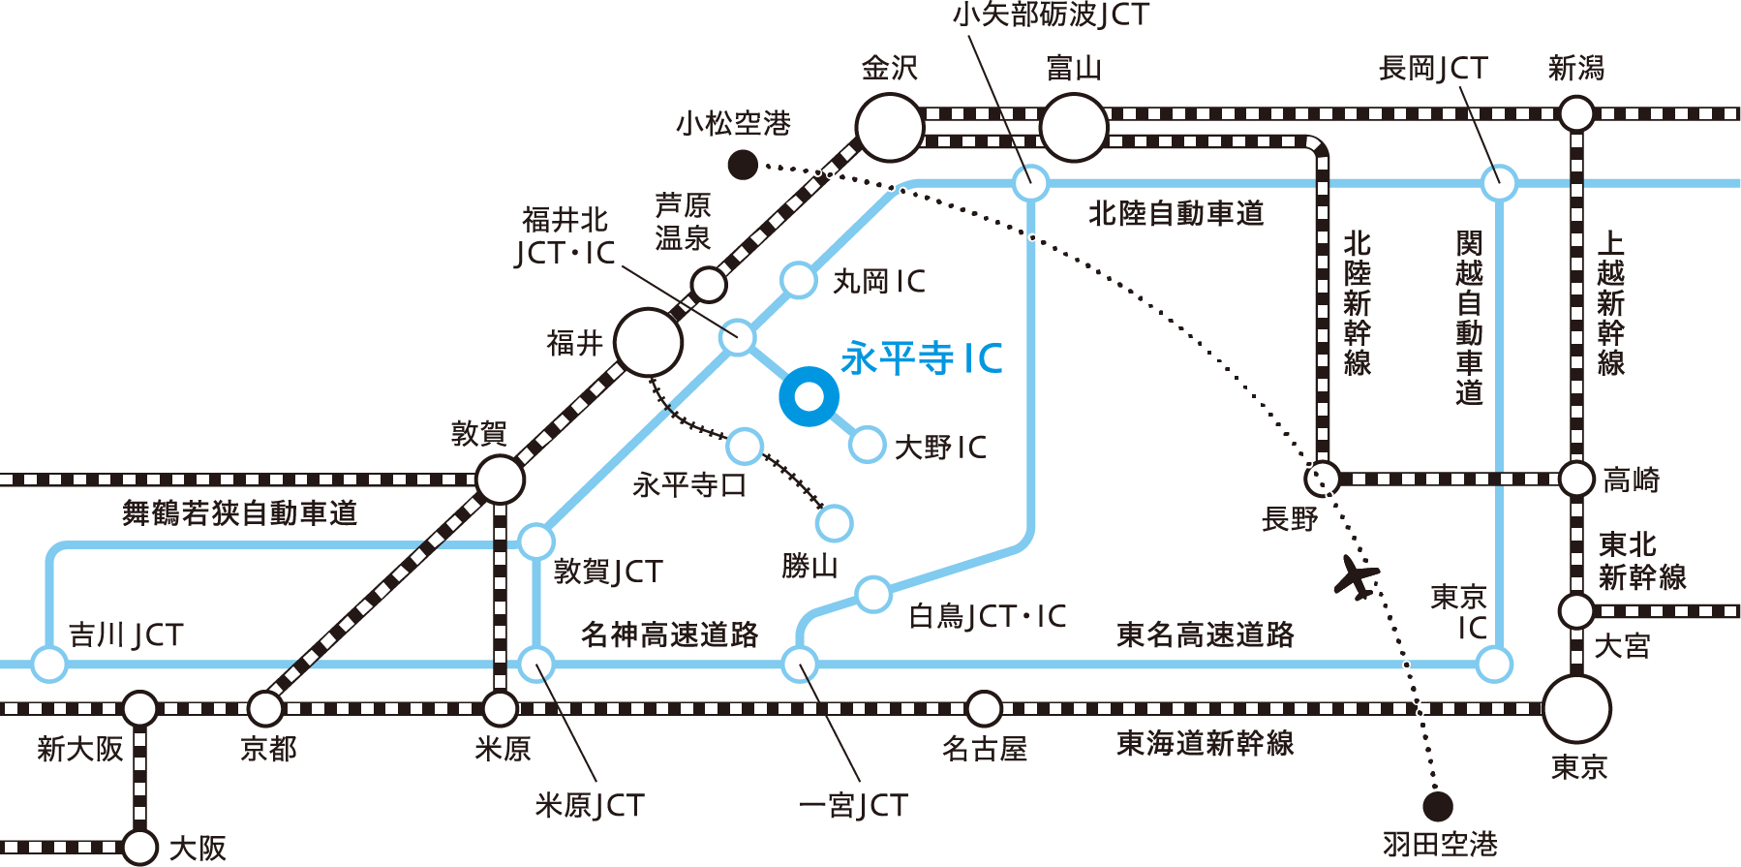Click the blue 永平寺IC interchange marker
click(x=809, y=396)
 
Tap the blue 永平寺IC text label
click(x=921, y=358)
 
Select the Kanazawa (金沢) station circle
click(x=890, y=127)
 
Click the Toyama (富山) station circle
click(x=1074, y=127)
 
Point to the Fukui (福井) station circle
click(x=648, y=342)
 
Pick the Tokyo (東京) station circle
click(x=1576, y=709)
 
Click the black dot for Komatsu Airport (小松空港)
click(x=743, y=165)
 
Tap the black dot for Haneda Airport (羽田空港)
click(x=1437, y=806)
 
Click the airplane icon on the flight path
click(x=1356, y=578)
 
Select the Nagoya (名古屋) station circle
click(x=984, y=709)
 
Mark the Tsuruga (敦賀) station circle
click(x=500, y=480)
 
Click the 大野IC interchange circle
click(x=867, y=445)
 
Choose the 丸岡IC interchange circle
click(x=799, y=280)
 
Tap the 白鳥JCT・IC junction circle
click(x=872, y=595)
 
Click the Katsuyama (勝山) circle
click(x=834, y=523)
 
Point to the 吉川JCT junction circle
click(x=49, y=665)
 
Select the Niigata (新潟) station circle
click(x=1576, y=114)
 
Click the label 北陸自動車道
click(x=1176, y=214)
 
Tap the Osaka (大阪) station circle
click(x=140, y=847)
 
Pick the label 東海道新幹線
click(x=1205, y=744)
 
